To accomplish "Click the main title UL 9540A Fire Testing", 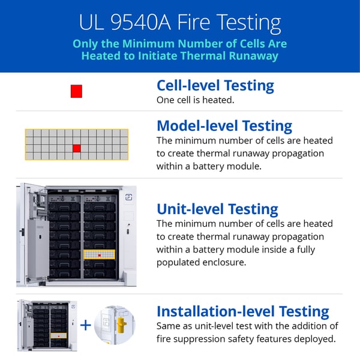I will click(180, 23).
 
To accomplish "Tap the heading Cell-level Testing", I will click(215, 85).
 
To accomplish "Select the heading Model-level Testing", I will click(224, 126).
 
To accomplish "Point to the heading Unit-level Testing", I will click(217, 209).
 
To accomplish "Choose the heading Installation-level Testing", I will click(242, 311).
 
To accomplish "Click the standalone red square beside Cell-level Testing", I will click(76, 91).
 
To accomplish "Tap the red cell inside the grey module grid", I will click(76, 148).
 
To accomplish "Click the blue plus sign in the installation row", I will click(86, 325).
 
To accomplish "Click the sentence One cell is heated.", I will click(195, 100).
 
